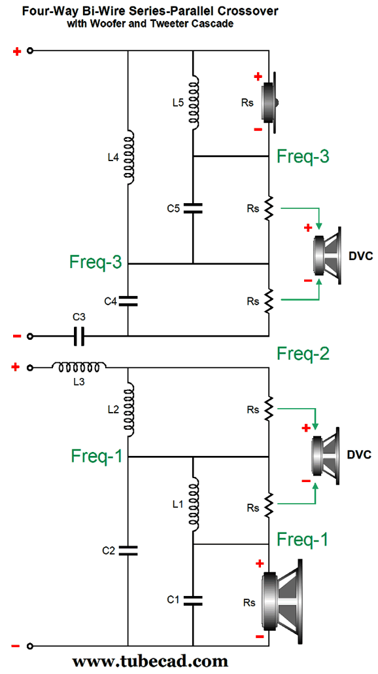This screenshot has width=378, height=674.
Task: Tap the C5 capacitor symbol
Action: coord(193,208)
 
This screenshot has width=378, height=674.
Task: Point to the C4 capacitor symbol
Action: coord(128,301)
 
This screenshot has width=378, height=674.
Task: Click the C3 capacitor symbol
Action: coord(79,336)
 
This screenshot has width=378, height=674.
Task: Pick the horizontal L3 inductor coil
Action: coord(79,367)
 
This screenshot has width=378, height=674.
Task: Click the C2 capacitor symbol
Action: coord(128,551)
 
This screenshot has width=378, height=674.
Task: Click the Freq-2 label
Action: coord(303,354)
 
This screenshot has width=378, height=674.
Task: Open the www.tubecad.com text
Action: coord(150,660)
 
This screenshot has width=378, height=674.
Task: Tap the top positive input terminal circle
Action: coord(29,50)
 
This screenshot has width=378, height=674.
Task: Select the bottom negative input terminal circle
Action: coord(29,646)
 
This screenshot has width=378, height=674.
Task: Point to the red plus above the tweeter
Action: coord(258,77)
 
